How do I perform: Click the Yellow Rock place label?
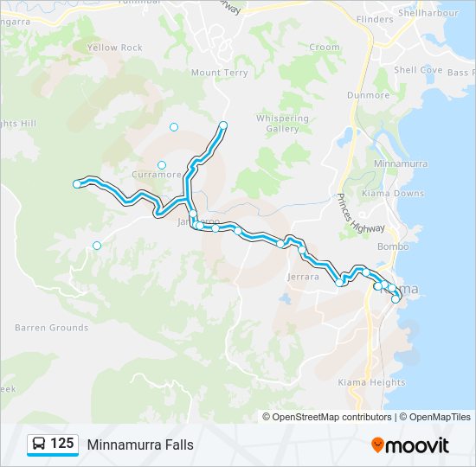point(114,48)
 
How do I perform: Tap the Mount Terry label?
point(219,74)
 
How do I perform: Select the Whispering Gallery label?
point(282,124)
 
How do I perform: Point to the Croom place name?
point(325,48)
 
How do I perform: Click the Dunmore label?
point(368,95)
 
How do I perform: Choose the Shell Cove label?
point(418,70)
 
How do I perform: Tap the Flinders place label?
point(374,19)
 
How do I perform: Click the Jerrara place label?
point(303,278)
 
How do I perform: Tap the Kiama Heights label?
point(371,382)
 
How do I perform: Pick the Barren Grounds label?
point(51,328)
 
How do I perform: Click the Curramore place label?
point(157,175)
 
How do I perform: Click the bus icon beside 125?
point(39,445)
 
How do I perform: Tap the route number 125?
point(62,445)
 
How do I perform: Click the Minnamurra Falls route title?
point(140,445)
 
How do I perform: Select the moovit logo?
point(410,445)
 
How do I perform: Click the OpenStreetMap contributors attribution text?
point(332,417)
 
